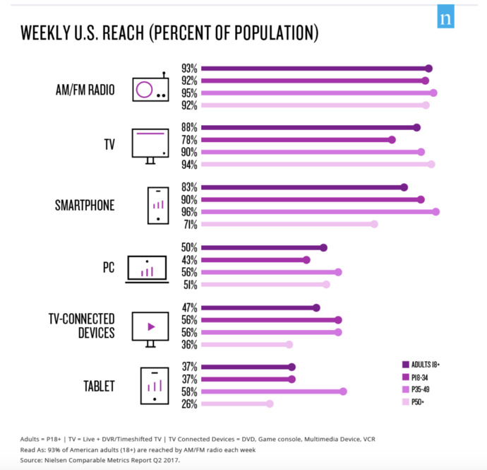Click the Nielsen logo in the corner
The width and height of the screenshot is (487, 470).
[x=445, y=19]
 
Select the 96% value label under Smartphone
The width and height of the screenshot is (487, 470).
[x=189, y=212]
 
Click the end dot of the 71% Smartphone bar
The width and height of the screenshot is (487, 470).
[x=374, y=224]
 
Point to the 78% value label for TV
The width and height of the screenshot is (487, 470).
[x=189, y=140]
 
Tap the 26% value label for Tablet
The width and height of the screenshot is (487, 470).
[x=189, y=404]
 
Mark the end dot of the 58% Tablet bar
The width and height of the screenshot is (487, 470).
[x=344, y=392]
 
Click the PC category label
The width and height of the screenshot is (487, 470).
[x=107, y=268]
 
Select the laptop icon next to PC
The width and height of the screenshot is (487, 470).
[x=147, y=269]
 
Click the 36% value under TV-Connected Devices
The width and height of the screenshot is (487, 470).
[x=189, y=345]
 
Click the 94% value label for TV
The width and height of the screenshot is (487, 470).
[x=189, y=165]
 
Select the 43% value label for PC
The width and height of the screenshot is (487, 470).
[x=189, y=260]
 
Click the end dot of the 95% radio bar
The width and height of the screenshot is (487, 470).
[x=433, y=93]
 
